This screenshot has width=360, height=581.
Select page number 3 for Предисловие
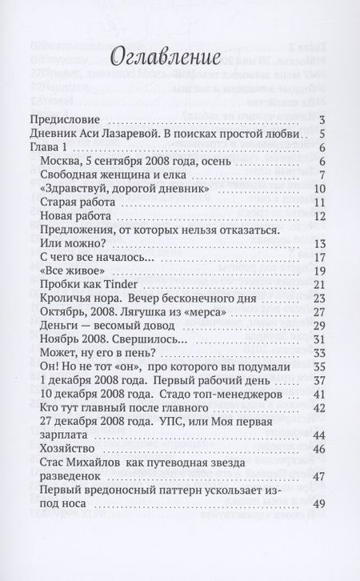point(319,121)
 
